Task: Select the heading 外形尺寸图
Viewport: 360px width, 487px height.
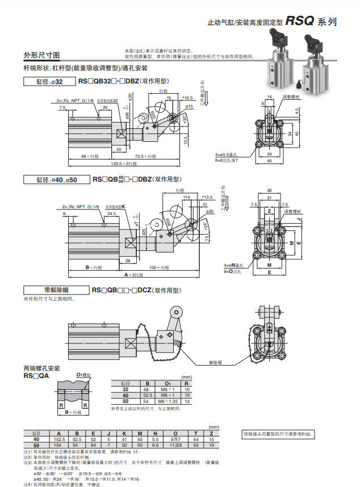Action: pyautogui.click(x=41, y=55)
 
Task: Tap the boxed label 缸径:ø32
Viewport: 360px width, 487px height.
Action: pyautogui.click(x=49, y=82)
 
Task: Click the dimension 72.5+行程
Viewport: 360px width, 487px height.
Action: pyautogui.click(x=146, y=156)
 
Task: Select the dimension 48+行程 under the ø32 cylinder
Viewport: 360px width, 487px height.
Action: pyautogui.click(x=90, y=156)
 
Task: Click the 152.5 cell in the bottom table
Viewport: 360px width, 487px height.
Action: pyautogui.click(x=60, y=439)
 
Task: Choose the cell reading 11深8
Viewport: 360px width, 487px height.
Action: pyautogui.click(x=175, y=446)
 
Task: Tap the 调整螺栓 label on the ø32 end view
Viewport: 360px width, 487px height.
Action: pyautogui.click(x=291, y=96)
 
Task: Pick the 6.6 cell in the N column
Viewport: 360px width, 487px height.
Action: pyautogui.click(x=156, y=446)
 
